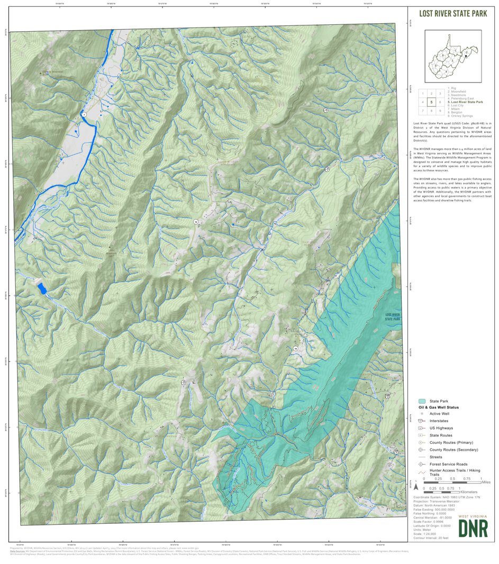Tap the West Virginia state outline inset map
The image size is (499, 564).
tap(452, 56)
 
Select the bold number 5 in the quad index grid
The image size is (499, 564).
tap(432, 102)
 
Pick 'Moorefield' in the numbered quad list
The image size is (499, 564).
tap(458, 91)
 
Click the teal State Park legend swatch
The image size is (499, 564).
tap(422, 401)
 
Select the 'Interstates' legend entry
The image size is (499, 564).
tap(440, 421)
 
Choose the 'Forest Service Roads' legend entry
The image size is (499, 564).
tap(448, 464)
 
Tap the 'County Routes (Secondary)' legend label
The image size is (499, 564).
tap(453, 450)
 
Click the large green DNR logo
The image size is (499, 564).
tap(473, 528)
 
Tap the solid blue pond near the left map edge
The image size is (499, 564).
tap(41, 289)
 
